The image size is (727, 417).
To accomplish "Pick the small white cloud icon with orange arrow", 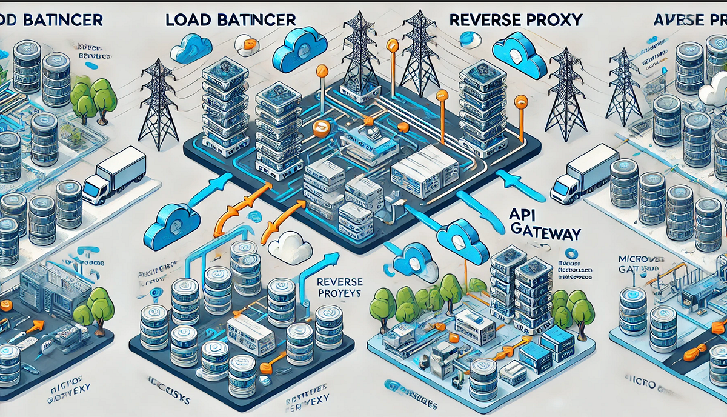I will click(x=247, y=42).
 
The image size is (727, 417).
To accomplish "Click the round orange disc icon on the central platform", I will click(x=322, y=128).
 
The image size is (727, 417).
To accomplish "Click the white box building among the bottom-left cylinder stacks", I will click(x=252, y=336).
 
